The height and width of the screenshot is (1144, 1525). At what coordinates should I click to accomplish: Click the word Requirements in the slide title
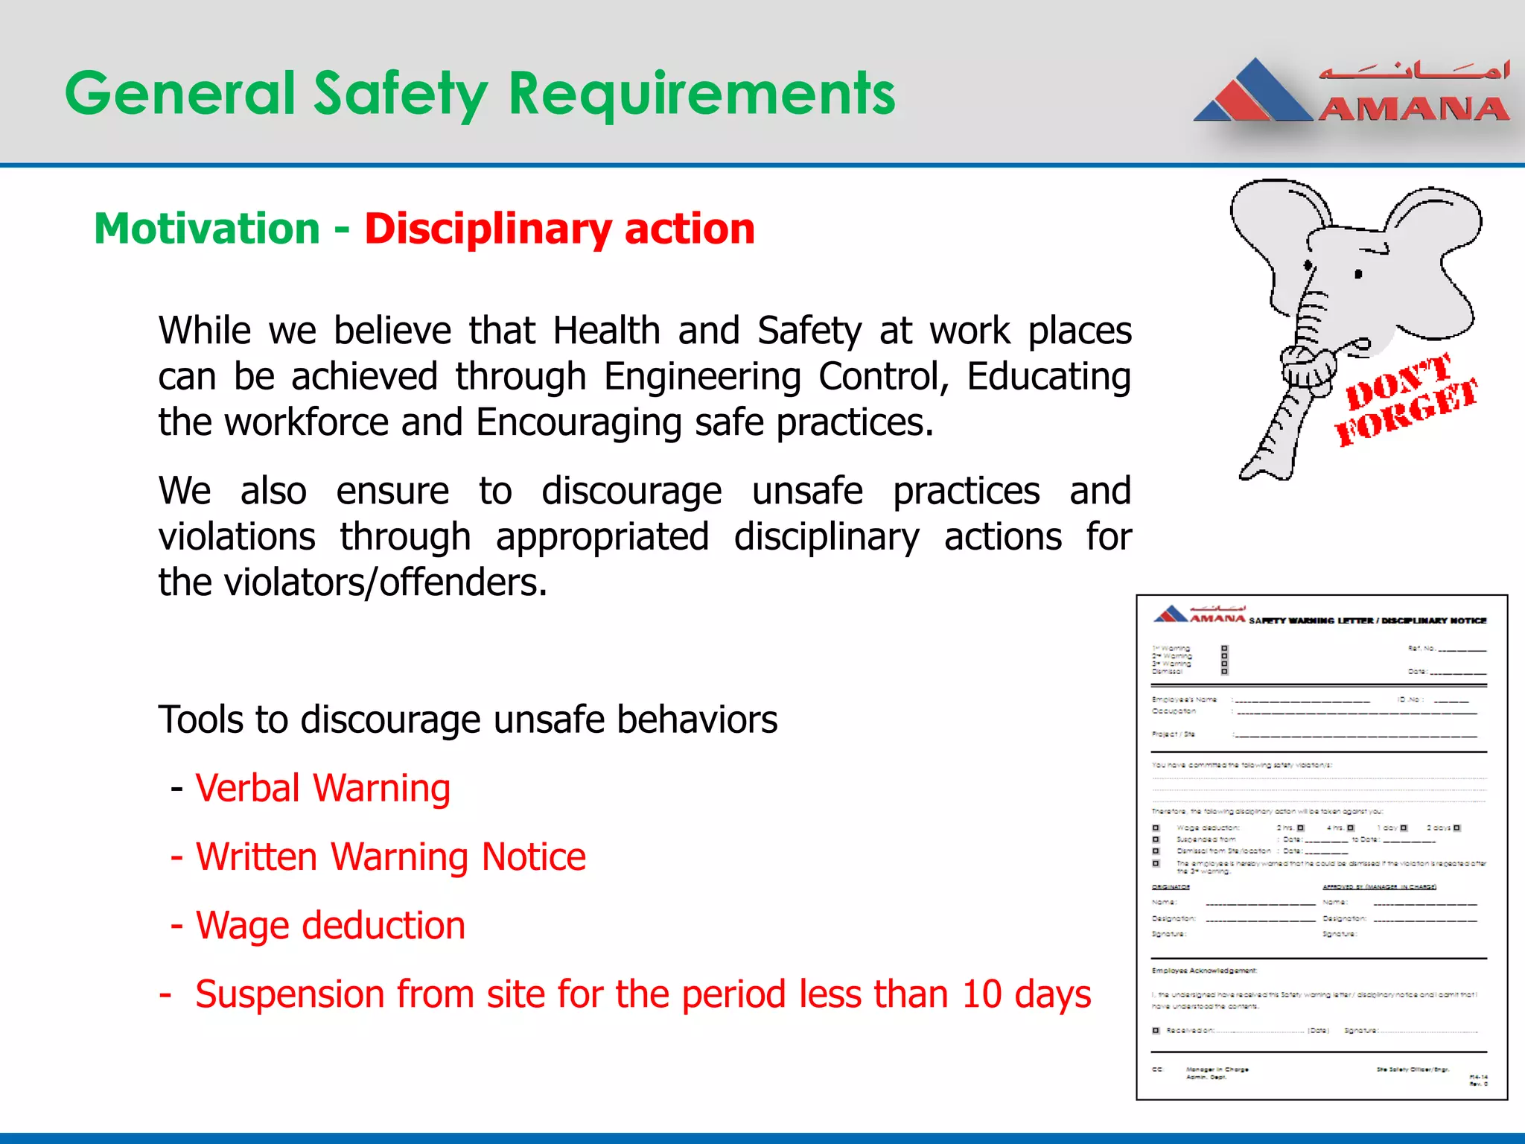[701, 95]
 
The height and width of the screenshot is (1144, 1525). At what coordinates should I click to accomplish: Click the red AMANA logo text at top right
[1413, 109]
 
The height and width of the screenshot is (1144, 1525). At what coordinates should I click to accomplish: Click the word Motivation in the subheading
[207, 229]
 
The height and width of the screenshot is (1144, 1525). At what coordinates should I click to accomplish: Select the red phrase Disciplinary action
[559, 229]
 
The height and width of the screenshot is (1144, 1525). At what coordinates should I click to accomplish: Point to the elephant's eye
[1358, 274]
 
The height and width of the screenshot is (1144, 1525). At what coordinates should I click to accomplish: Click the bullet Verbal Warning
[322, 788]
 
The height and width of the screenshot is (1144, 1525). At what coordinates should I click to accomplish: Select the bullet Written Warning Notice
[390, 857]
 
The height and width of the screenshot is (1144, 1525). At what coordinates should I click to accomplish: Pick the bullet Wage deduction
[330, 925]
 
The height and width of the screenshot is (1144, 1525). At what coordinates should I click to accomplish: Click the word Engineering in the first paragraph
[701, 377]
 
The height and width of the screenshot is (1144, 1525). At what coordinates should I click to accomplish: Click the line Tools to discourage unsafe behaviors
[468, 720]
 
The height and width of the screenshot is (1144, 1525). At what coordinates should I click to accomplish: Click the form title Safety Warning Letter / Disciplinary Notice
[1367, 620]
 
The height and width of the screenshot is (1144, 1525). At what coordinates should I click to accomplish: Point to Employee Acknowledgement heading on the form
[1204, 970]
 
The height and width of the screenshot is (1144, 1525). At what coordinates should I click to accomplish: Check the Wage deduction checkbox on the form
[1156, 828]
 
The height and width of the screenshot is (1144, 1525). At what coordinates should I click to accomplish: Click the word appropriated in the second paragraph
[602, 537]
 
